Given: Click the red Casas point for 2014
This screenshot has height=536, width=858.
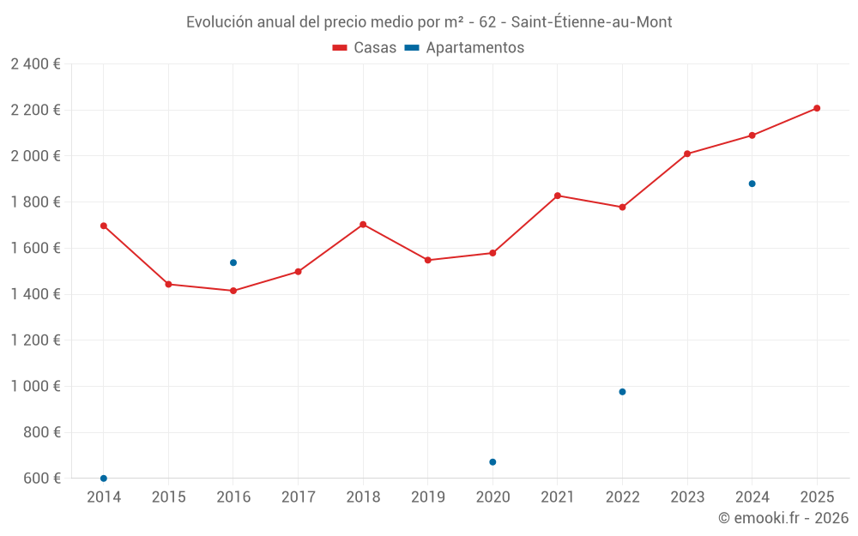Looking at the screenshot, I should pos(104,226).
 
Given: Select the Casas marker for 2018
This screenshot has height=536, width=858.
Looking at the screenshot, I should pos(363,225).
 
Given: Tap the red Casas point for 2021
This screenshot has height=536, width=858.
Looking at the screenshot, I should pos(558,196).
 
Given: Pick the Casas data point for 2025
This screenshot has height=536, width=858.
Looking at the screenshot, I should pos(817,108).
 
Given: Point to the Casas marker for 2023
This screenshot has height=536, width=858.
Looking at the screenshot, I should pos(687,154).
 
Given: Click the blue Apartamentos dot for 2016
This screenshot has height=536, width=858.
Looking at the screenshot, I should pos(233,262).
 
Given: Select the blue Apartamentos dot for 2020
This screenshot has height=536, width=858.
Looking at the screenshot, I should pos(492,462).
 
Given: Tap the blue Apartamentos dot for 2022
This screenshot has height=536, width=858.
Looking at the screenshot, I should pos(622,392).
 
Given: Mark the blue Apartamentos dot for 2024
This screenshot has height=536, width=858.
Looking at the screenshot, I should pos(752,184).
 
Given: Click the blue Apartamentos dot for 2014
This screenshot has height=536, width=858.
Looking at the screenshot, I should pos(104,478).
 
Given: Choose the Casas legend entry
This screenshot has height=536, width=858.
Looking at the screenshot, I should pos(365,48).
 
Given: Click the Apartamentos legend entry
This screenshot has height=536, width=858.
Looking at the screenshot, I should pos(464,48).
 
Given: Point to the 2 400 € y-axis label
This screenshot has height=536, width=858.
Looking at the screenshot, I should pos(36,64).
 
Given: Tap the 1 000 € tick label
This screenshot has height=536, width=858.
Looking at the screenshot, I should pos(36,387).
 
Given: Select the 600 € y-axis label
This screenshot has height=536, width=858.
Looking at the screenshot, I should pos(42,479).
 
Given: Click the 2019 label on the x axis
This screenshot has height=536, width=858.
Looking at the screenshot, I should pos(427,497).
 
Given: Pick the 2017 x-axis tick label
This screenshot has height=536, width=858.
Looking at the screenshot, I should pos(298,497).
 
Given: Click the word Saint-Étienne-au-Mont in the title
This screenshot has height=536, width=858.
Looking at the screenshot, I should pos(591,22).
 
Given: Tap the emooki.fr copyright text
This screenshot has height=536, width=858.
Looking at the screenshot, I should pos(783,518).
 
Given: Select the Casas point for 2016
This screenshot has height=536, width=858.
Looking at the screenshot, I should pos(233,291).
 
